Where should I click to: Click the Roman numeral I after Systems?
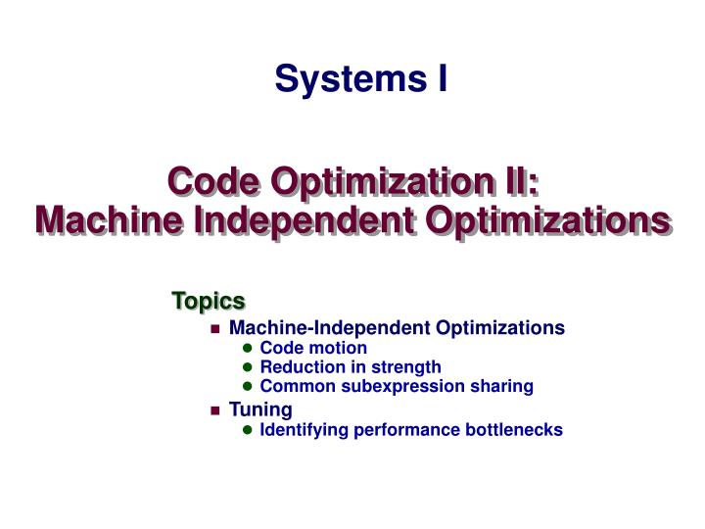(x=442, y=78)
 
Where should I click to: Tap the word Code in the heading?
(x=212, y=183)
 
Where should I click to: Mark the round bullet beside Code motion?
(x=248, y=349)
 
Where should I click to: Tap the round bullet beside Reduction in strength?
(x=248, y=368)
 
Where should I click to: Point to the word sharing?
(x=504, y=387)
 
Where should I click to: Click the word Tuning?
(x=260, y=409)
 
